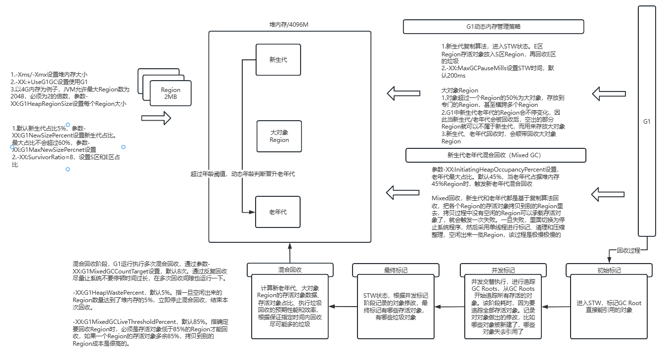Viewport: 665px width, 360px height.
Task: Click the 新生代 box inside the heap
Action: tap(278, 60)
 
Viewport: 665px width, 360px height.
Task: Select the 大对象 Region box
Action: tap(279, 136)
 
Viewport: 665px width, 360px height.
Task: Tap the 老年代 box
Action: tap(278, 212)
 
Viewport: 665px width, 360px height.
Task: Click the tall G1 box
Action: tap(647, 121)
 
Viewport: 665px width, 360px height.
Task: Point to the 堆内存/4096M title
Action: tap(289, 25)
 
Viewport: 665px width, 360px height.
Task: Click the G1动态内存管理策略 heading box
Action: tap(493, 27)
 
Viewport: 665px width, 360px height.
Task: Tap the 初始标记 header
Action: tap(609, 270)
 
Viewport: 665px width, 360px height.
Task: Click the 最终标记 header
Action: tap(396, 270)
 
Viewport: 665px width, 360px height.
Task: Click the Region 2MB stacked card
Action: tap(171, 93)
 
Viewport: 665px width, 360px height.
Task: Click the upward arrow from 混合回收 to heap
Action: tap(290, 253)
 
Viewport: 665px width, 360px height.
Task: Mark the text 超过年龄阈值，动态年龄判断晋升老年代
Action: tap(243, 174)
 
